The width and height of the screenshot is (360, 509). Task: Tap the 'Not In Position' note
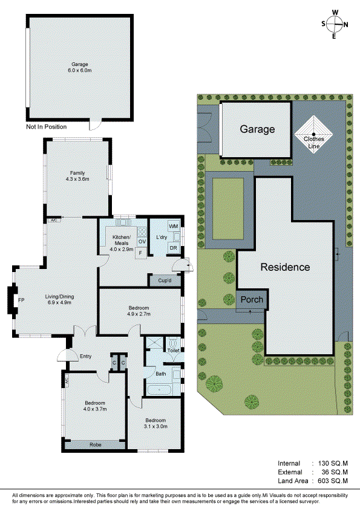[46, 127]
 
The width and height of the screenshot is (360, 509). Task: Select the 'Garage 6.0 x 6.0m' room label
[80, 67]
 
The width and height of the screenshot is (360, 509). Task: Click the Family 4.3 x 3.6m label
[77, 176]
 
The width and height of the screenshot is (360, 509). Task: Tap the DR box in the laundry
[172, 248]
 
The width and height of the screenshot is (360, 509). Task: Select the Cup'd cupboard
[165, 281]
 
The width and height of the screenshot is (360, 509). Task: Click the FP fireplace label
[21, 300]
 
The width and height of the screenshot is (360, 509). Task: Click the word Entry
[85, 356]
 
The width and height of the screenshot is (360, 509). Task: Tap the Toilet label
[174, 350]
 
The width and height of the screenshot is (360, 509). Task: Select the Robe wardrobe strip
[96, 444]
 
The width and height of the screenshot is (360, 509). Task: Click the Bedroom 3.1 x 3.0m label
[155, 423]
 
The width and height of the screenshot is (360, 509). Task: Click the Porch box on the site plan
[251, 300]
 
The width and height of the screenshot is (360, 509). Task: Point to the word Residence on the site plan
[285, 267]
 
